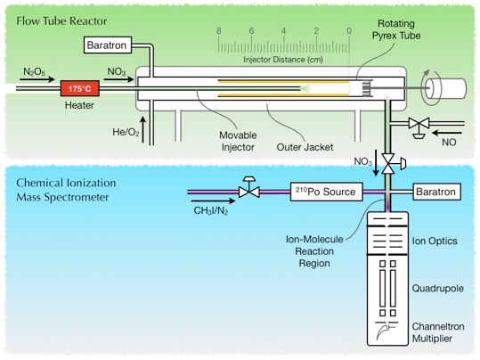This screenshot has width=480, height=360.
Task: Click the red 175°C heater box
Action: pos(79,88)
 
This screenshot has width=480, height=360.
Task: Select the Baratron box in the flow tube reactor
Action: pos(108,45)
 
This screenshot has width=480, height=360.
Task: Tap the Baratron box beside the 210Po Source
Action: pos(437,192)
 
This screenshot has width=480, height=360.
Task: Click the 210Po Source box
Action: pos(326,192)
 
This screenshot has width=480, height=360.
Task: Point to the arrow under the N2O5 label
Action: pos(37,79)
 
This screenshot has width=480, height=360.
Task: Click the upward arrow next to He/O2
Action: pos(143,130)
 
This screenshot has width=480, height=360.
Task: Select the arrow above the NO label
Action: pos(448,133)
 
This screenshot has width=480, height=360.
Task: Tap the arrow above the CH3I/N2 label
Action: pos(213,201)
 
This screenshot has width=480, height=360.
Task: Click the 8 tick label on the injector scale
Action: pos(218,30)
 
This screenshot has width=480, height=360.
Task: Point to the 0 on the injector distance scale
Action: pos(349,30)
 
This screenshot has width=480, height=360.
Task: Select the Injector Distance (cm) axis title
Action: pos(283,60)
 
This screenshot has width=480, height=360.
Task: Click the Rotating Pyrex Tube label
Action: pos(396,29)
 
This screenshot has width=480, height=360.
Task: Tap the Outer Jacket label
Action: pos(305,147)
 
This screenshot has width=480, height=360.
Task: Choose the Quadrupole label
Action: pos(438,289)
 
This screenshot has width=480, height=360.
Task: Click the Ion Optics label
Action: pos(435,241)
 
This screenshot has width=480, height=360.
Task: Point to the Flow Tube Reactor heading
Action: pos(61,21)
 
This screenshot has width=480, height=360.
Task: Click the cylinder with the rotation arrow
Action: pos(446,88)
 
